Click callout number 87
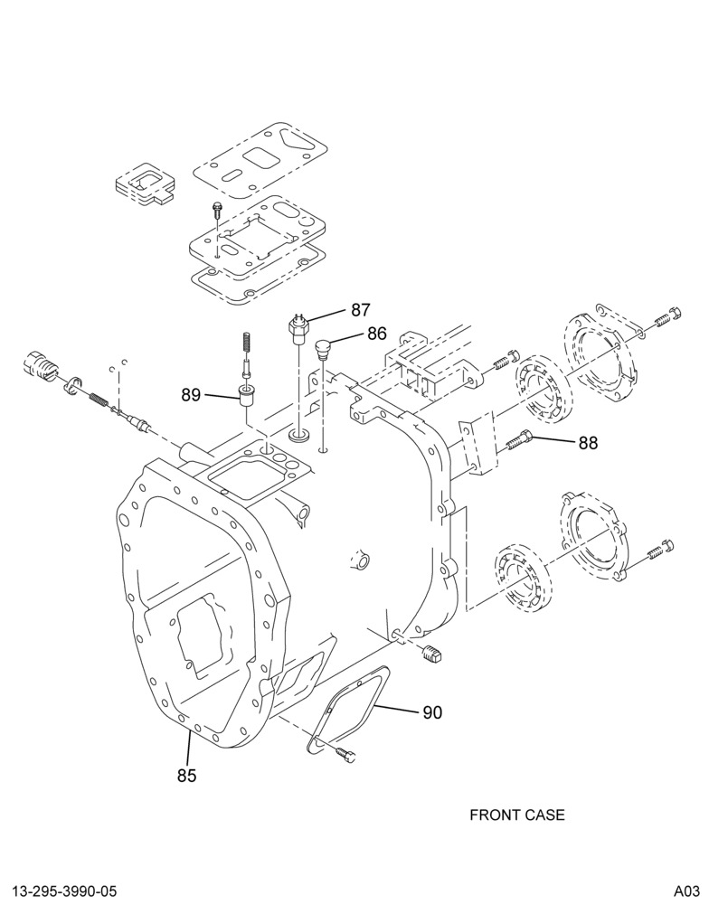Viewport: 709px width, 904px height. [360, 309]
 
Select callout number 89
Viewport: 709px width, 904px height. [191, 395]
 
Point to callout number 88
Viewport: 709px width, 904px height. [588, 442]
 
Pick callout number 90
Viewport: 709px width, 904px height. [432, 712]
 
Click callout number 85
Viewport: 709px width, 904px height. [187, 776]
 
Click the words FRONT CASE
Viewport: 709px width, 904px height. [517, 815]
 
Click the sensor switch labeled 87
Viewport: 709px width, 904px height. [298, 330]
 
